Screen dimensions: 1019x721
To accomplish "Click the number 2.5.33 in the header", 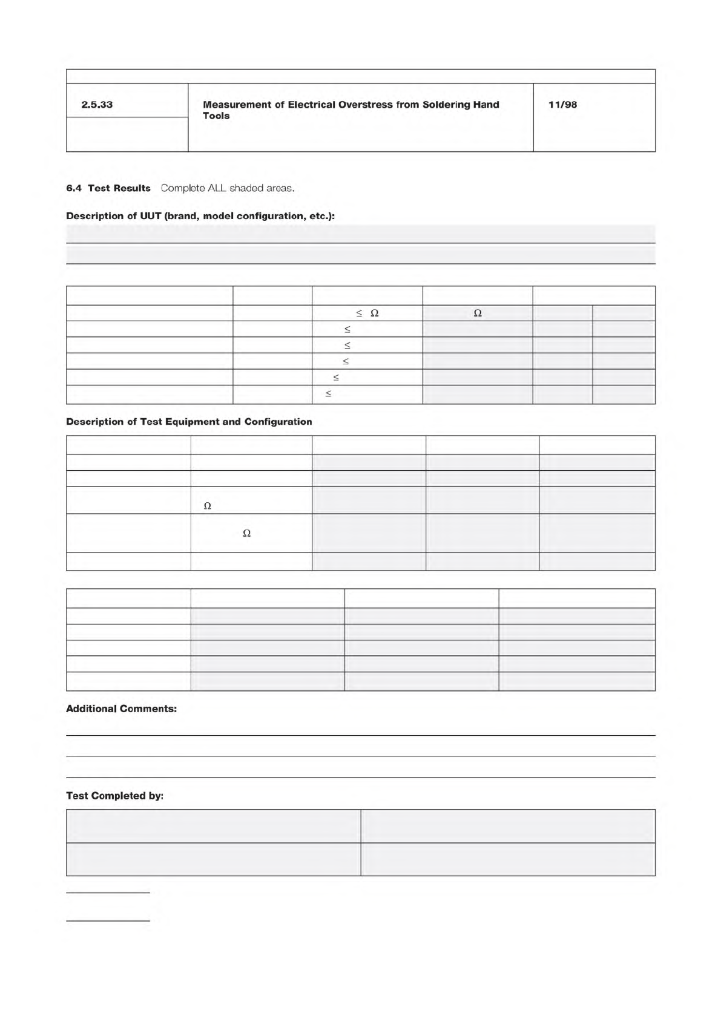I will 97,105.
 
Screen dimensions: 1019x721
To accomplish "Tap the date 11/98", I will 562,105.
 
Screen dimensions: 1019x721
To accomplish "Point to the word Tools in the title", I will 216,116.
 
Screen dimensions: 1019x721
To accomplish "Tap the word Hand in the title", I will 487,105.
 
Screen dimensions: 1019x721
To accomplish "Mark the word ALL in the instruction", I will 217,188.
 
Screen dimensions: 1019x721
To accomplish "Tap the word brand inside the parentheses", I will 181,216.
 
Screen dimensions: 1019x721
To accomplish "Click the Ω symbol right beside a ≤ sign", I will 374,313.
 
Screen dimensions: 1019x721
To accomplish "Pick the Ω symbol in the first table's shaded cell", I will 477,313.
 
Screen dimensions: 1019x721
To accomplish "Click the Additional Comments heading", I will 121,709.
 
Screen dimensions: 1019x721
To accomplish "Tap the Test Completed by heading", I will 114,796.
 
